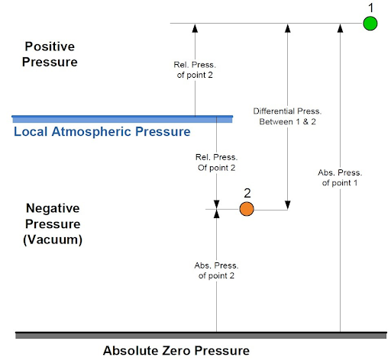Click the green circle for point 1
tap(370, 24)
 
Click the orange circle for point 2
tap(247, 209)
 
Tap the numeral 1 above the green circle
tap(371, 8)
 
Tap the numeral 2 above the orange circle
tap(247, 193)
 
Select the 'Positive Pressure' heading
tap(50, 54)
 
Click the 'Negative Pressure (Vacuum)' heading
tap(53, 224)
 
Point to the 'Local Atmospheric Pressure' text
tap(102, 132)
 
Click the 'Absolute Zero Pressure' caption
tap(176, 351)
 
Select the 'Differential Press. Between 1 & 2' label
tap(287, 117)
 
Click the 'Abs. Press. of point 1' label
tap(340, 178)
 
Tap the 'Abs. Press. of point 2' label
tap(216, 271)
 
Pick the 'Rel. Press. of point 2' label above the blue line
tap(195, 69)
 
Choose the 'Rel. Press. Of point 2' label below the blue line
tap(216, 162)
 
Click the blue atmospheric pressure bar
tap(122, 119)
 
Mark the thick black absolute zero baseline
tap(201, 335)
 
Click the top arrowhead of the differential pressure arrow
tap(288, 27)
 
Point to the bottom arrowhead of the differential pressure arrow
tap(288, 205)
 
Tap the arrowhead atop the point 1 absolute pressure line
tap(340, 27)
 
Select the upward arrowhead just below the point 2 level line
tap(216, 214)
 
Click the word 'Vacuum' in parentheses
tap(53, 239)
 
